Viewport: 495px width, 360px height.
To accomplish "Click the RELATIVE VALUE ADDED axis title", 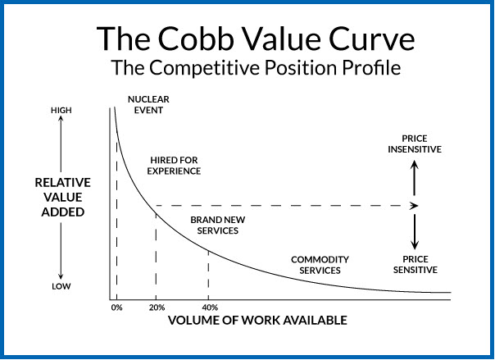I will pyautogui.click(x=63, y=198).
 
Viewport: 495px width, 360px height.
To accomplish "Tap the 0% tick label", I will pyautogui.click(x=116, y=308).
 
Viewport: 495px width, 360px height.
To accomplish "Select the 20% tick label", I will pyautogui.click(x=156, y=308).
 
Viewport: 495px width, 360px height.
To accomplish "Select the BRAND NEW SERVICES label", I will pyautogui.click(x=214, y=226).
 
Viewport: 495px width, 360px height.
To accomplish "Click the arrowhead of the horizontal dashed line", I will pyautogui.click(x=415, y=205).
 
